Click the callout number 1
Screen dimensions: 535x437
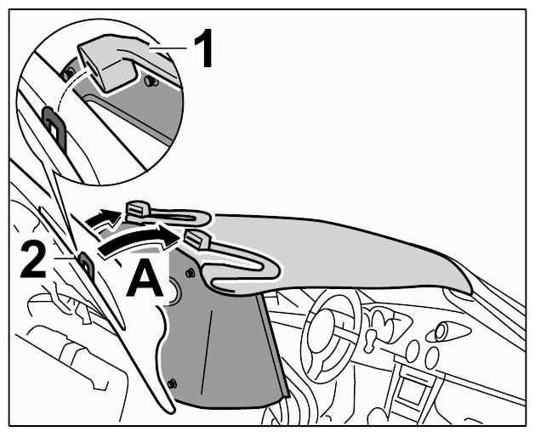click(204, 48)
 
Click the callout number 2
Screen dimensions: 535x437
click(33, 260)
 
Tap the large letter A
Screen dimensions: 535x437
click(145, 277)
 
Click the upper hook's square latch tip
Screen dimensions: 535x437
click(136, 209)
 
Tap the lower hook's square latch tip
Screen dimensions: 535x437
click(197, 238)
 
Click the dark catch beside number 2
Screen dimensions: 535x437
click(86, 262)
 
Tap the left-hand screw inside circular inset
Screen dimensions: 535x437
click(67, 73)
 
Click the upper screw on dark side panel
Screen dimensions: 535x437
click(190, 272)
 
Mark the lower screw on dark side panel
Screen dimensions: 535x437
click(173, 383)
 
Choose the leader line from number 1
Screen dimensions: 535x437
click(168, 49)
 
